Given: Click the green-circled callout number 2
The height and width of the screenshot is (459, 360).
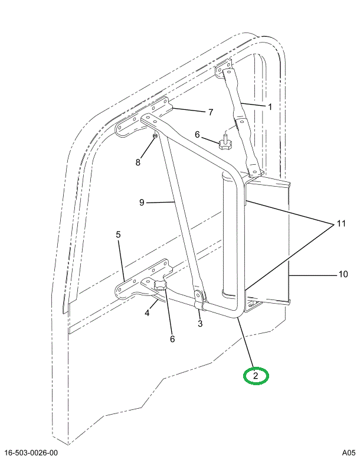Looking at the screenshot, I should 256,376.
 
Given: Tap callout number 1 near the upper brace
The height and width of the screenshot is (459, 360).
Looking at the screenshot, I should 270,107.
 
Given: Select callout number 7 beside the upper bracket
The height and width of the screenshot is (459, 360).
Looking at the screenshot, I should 210,112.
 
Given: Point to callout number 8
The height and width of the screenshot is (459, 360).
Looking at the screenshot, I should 139,162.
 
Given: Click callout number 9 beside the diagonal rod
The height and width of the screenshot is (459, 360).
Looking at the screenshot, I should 142,203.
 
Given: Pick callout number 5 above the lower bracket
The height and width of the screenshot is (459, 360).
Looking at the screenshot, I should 118,235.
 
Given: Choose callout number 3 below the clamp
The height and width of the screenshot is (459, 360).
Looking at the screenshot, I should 200,323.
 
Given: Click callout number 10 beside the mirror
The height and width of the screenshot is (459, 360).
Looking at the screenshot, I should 343,274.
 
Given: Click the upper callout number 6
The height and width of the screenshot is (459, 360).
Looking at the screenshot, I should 198,135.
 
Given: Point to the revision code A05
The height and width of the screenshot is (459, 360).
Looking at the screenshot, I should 349,452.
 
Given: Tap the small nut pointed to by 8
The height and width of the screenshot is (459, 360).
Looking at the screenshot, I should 154,136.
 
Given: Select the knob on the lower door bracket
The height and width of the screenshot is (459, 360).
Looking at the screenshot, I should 161,287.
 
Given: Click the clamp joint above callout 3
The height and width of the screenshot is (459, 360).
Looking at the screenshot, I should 199,301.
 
